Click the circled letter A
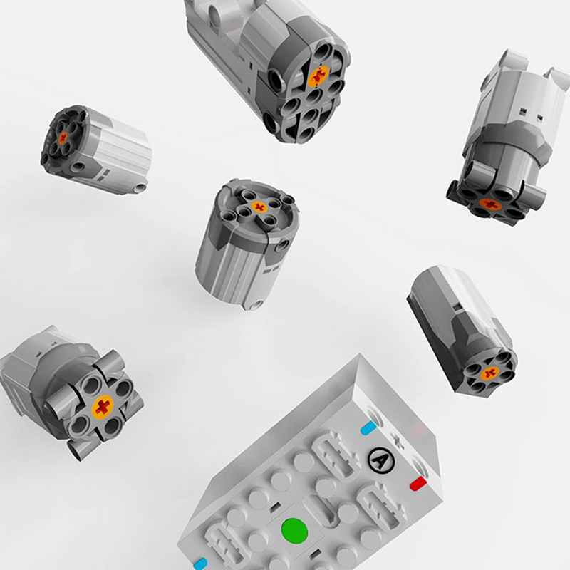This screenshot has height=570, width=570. pos(380,461)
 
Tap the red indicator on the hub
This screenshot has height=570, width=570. pos(418,484)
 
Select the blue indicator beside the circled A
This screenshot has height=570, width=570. pos(368,428)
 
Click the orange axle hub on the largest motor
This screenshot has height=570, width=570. pos(318,76)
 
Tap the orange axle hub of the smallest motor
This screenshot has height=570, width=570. pos(63,138)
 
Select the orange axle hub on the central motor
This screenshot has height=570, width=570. pos(259,207)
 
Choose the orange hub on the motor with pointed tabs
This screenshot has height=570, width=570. pos(489,204)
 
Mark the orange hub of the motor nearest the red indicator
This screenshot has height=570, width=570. pos(489,373)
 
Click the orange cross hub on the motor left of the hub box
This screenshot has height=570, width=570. pos(103,407)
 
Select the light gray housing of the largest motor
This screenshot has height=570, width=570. pos(221,43)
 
